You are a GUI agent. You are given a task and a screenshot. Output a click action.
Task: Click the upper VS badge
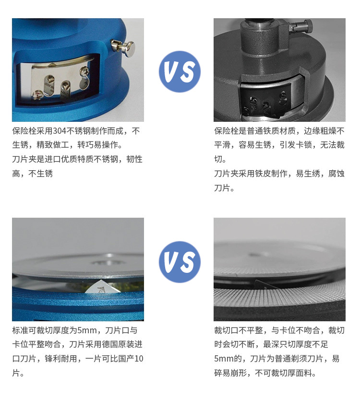(180, 71)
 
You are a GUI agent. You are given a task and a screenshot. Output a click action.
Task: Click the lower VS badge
(180, 262)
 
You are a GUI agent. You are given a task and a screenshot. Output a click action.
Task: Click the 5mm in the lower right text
(222, 359)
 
